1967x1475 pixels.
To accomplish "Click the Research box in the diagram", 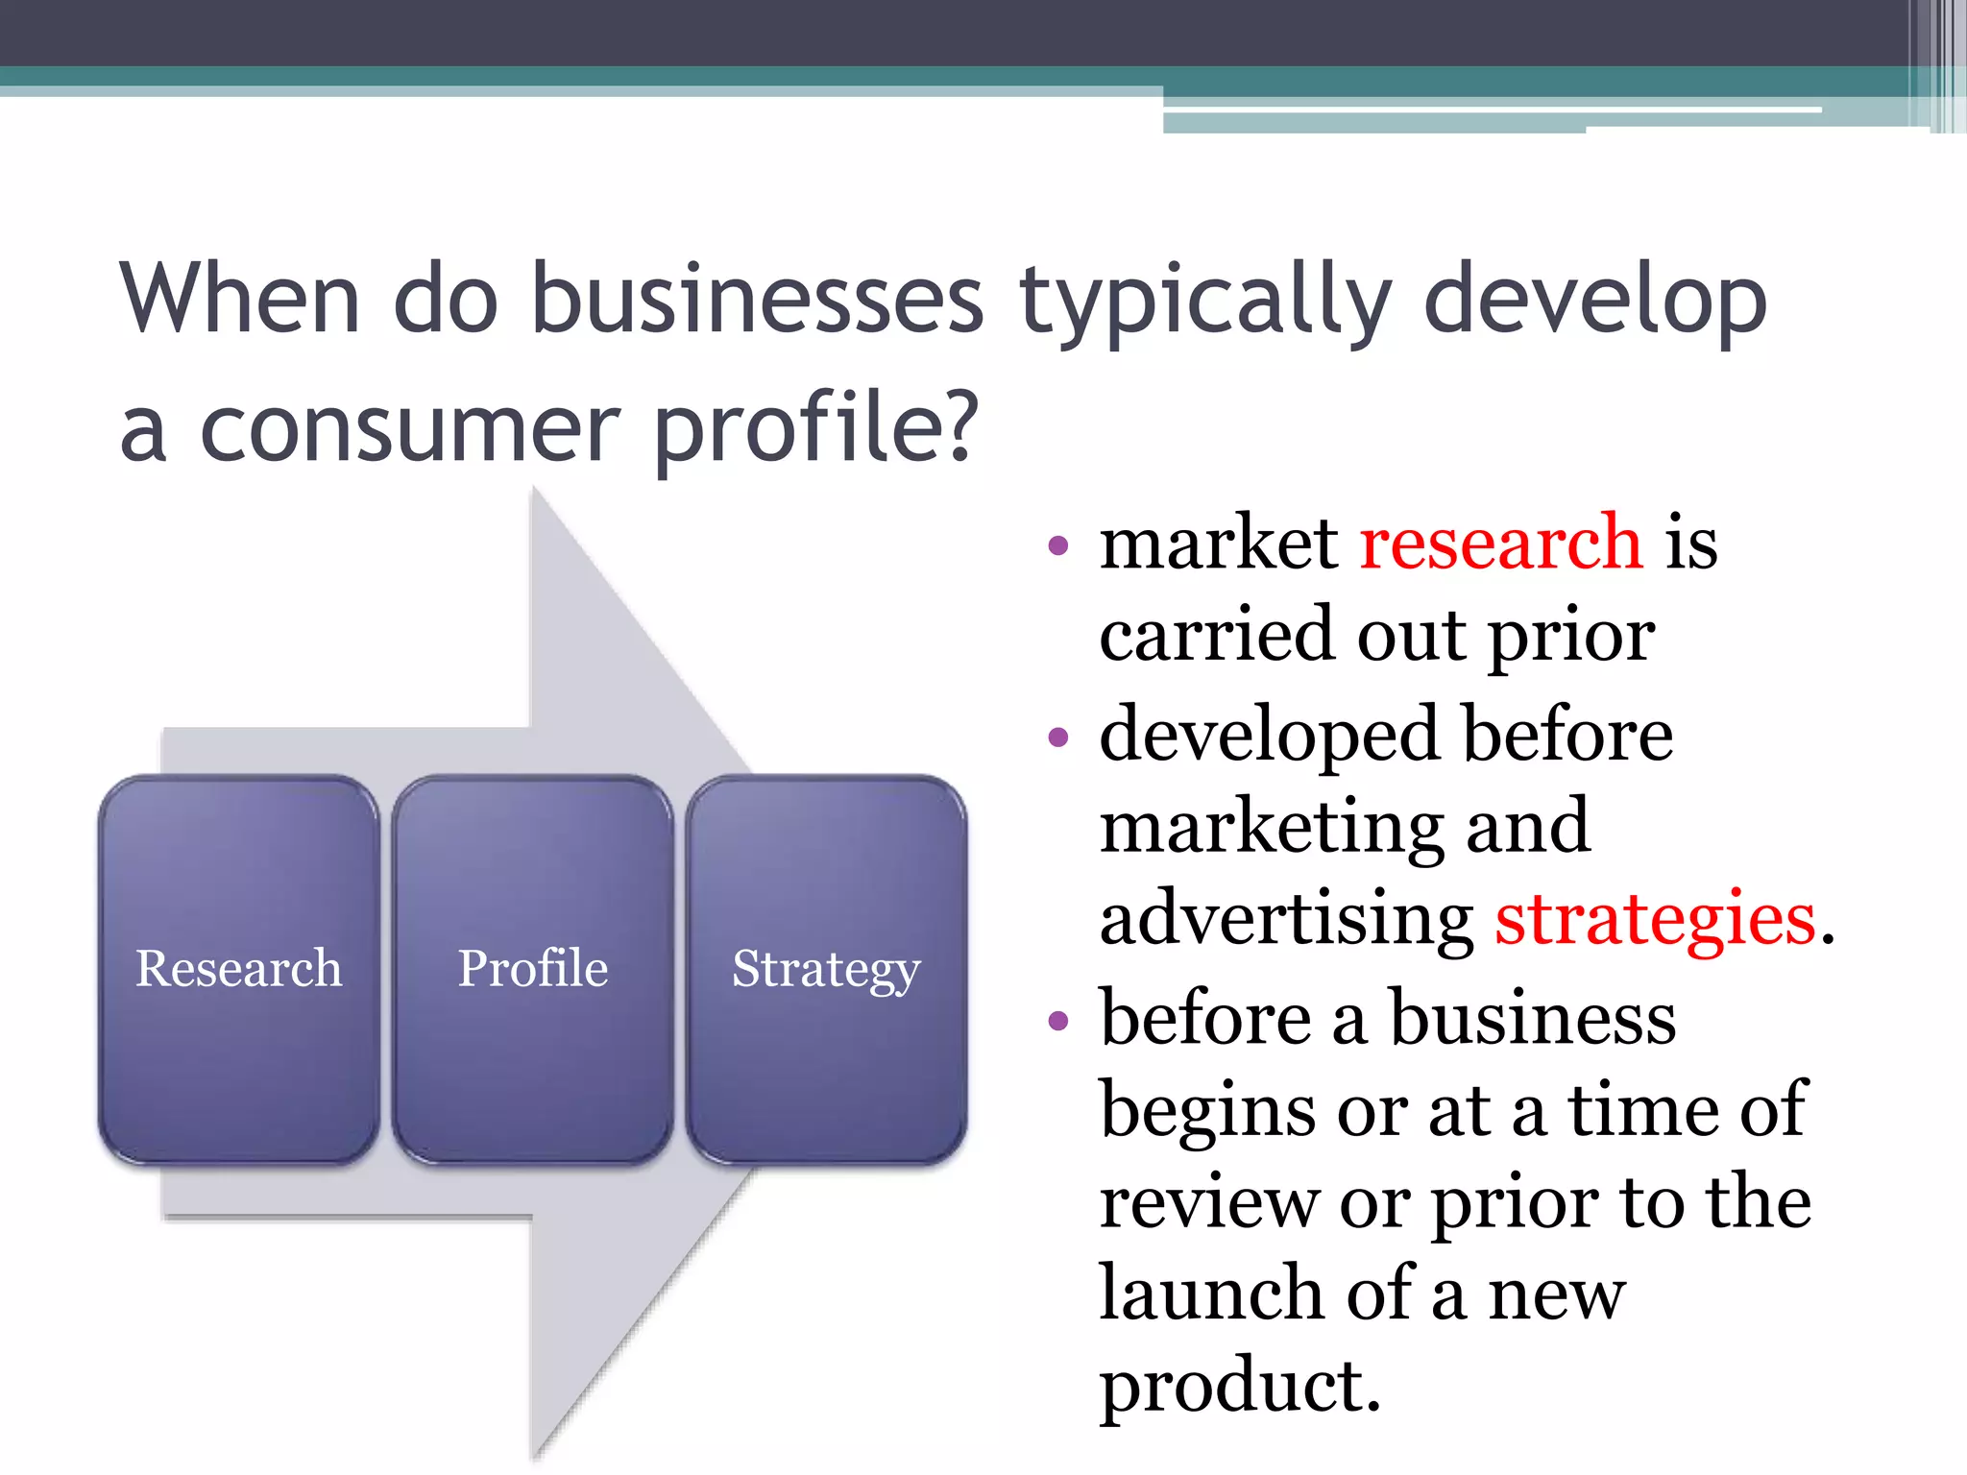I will [x=238, y=969].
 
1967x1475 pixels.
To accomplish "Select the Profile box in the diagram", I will [x=532, y=969].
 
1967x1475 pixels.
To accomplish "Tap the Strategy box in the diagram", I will [x=826, y=969].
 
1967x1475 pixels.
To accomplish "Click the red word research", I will [x=1501, y=544].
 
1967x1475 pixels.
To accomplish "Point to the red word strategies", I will [x=1655, y=919].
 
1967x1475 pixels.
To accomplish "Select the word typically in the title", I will [x=1205, y=300].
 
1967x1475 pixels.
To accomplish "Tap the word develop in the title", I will [x=1594, y=300].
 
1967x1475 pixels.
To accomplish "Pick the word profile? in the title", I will [x=815, y=428].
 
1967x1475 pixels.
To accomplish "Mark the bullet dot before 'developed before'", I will [x=1058, y=737].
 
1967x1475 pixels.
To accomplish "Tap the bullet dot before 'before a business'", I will [x=1058, y=1020].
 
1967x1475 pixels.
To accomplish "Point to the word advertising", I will [x=1286, y=919].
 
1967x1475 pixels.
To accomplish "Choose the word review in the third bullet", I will [x=1208, y=1202].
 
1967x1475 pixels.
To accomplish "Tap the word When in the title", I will [x=240, y=300].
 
